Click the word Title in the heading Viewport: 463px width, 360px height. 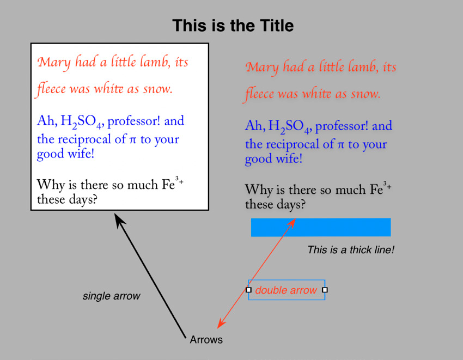tap(276, 26)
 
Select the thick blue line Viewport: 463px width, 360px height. tap(321, 227)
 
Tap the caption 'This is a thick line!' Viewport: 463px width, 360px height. tap(351, 250)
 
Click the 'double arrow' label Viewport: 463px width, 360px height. tap(286, 290)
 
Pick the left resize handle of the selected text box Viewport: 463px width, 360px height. tap(248, 290)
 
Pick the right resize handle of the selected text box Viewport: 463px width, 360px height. tap(325, 290)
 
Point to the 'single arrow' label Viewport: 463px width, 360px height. tap(111, 296)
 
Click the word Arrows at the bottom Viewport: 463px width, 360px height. tap(206, 340)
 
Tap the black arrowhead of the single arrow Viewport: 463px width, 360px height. tap(119, 221)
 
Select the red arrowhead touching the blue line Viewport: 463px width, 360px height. tap(291, 223)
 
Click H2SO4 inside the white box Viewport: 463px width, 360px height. tap(82, 121)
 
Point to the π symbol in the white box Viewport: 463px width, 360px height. tap(132, 139)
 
